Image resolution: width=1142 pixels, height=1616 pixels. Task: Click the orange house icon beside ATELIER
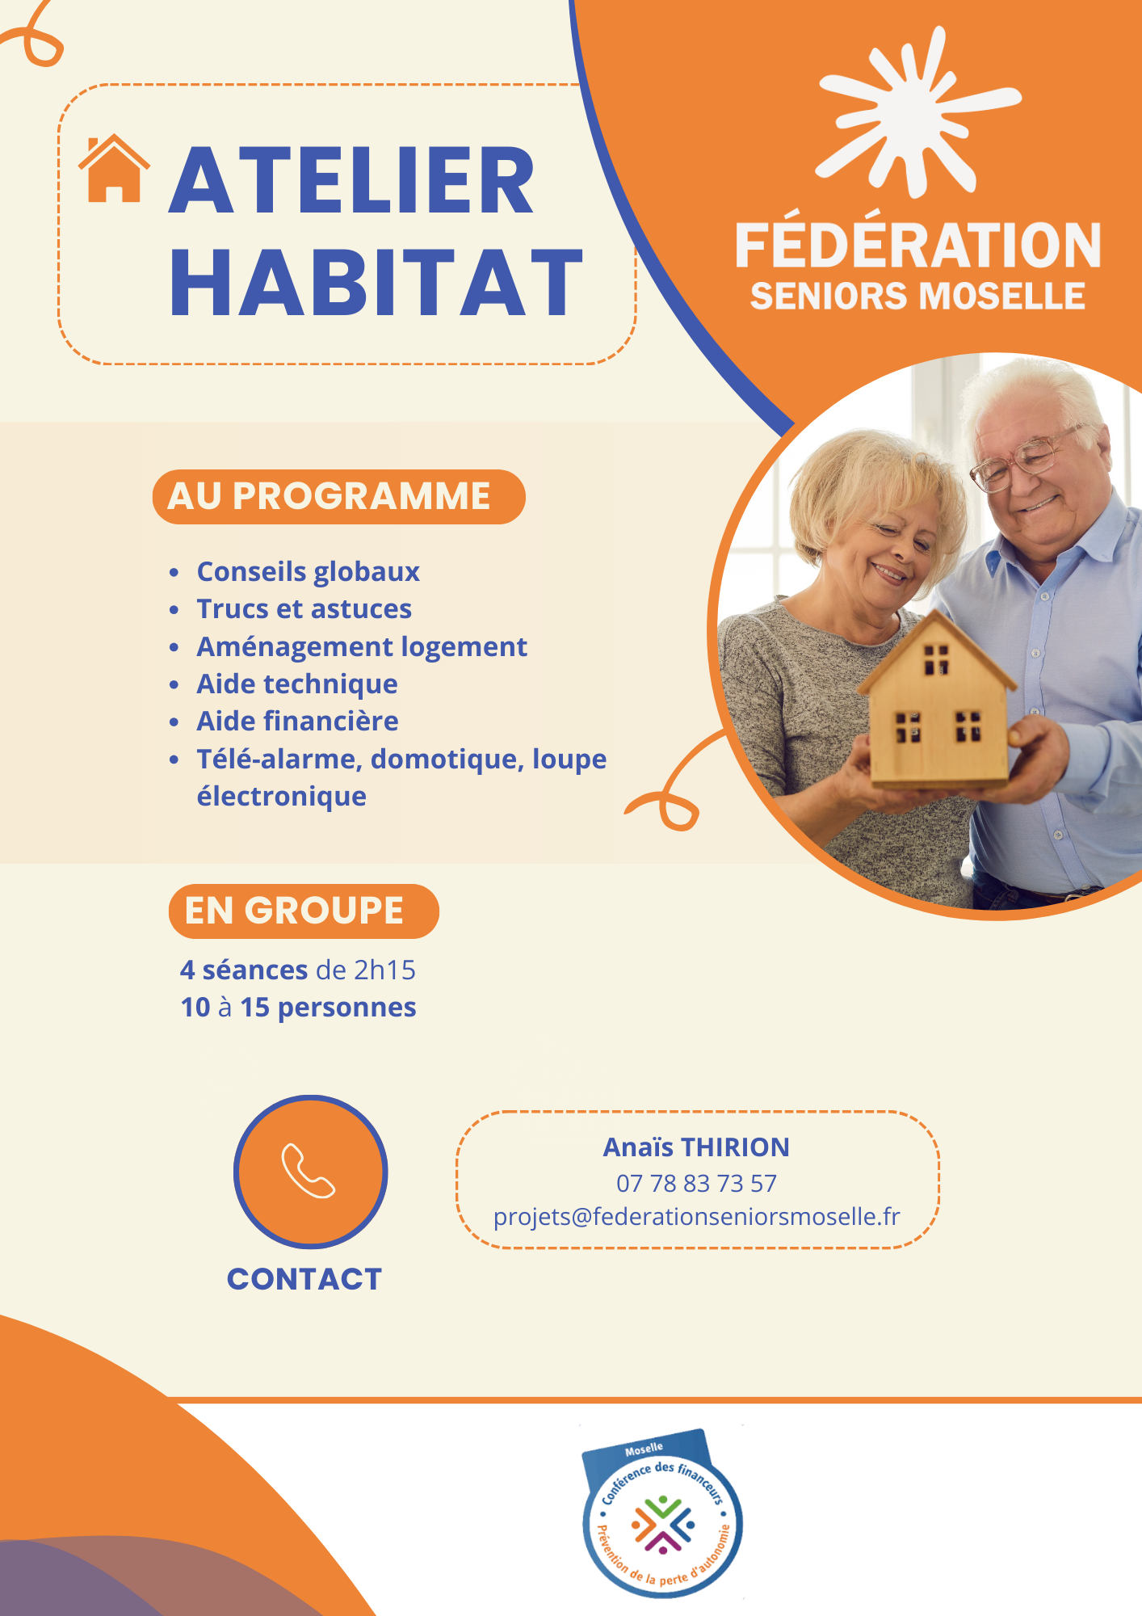point(114,168)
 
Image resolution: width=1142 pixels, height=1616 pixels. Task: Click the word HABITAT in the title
point(376,282)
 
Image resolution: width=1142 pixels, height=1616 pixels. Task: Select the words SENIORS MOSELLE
point(917,296)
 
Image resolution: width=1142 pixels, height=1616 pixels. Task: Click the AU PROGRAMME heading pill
point(338,496)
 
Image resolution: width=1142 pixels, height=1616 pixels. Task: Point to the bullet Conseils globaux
point(309,571)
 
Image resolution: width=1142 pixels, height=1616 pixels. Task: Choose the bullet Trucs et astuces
point(304,608)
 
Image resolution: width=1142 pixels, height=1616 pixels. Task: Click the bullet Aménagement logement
point(362,647)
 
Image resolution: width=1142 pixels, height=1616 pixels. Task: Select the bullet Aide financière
point(298,721)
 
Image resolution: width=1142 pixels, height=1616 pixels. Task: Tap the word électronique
point(282,797)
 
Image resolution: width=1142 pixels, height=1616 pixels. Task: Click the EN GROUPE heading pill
point(304,911)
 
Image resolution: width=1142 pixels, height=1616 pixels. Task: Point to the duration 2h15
point(384,970)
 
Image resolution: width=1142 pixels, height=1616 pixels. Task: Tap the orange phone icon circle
point(311,1172)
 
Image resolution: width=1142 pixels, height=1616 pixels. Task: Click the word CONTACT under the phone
point(304,1279)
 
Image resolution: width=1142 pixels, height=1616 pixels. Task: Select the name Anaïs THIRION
point(696,1147)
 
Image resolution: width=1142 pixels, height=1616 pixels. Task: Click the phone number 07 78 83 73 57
point(696,1183)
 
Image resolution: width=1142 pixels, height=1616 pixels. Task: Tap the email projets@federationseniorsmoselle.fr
point(696,1217)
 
